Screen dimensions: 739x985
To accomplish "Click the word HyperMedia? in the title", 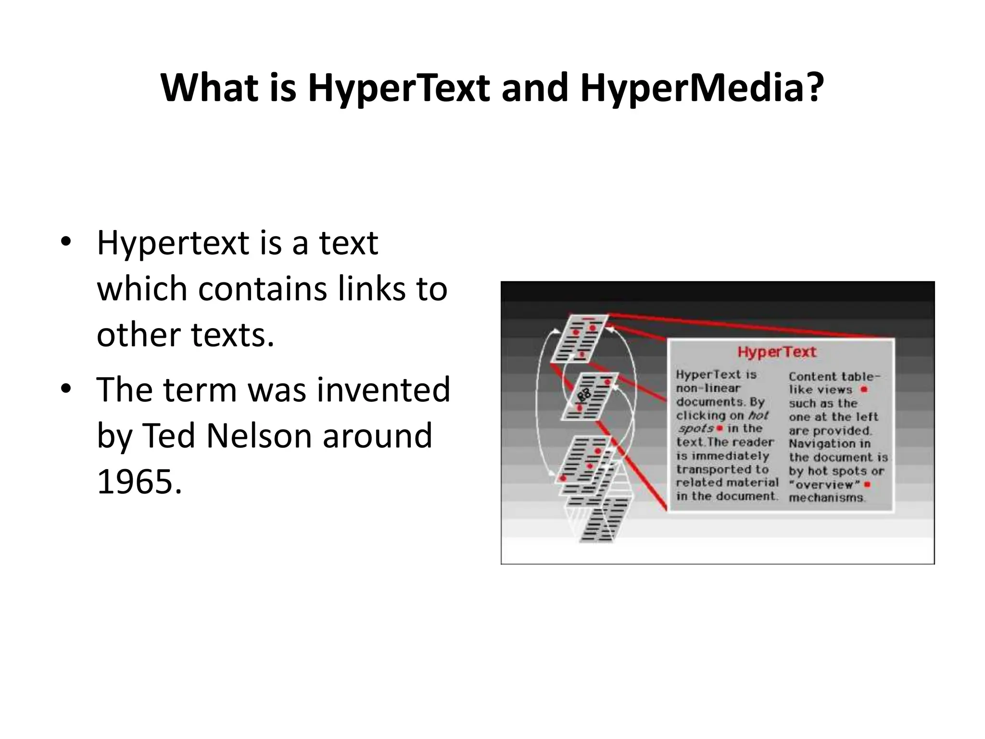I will click(702, 89).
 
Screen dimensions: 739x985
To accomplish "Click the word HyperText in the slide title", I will click(399, 89).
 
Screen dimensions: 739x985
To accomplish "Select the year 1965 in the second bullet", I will click(139, 482).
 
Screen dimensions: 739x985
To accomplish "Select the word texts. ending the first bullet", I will click(233, 335).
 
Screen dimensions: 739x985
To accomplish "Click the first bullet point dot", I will click(66, 242).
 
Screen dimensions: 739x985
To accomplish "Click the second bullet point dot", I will click(66, 388).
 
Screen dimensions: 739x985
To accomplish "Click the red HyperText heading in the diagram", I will click(777, 352).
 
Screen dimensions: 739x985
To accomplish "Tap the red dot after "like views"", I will click(864, 389).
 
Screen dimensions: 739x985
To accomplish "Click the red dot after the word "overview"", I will click(867, 484).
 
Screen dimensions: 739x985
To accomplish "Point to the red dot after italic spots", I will click(720, 428).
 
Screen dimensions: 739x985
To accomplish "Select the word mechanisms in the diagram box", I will click(826, 498).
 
